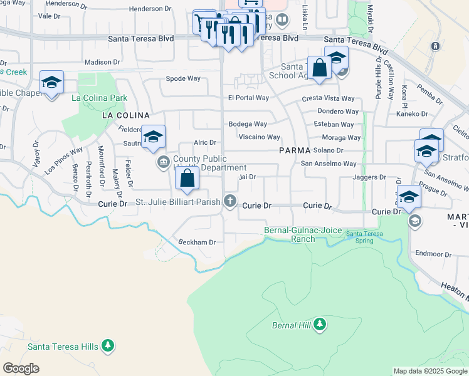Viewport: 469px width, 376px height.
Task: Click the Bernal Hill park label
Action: [x=292, y=325]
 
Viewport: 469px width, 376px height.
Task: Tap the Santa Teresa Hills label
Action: [x=61, y=347]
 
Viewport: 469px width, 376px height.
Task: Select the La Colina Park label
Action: [x=99, y=98]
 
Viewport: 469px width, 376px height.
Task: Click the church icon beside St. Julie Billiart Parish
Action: [x=231, y=201]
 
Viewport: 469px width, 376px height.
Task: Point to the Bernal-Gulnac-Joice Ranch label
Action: [x=298, y=235]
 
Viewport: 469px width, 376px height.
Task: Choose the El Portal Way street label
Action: [x=248, y=98]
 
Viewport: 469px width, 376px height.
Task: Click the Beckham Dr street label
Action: [x=197, y=242]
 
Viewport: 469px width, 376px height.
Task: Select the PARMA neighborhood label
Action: [x=295, y=151]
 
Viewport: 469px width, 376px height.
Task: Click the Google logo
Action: [x=21, y=368]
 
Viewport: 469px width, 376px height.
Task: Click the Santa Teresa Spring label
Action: [x=364, y=237]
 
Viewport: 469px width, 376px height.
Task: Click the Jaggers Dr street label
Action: [x=369, y=177]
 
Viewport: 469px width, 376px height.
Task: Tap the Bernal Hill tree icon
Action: [x=320, y=324]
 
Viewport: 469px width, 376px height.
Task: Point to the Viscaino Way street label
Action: [x=259, y=137]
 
